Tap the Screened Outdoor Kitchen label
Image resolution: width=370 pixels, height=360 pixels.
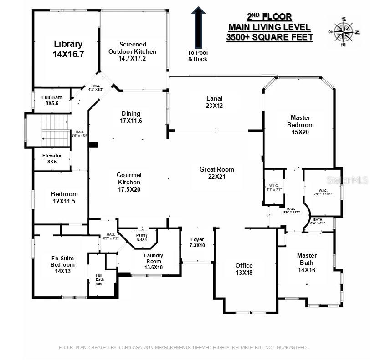click(x=132, y=51)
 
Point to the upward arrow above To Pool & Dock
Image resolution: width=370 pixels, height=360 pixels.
click(x=198, y=27)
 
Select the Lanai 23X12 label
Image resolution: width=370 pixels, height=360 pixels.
click(x=214, y=101)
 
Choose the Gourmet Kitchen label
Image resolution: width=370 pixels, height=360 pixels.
click(x=129, y=182)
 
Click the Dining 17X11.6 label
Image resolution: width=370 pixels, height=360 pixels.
click(x=131, y=117)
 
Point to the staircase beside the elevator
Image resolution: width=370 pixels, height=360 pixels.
click(x=54, y=130)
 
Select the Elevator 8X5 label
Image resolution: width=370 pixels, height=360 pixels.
click(x=52, y=158)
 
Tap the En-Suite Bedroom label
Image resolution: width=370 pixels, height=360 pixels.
click(x=63, y=264)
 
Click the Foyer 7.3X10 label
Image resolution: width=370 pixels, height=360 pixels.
click(x=197, y=242)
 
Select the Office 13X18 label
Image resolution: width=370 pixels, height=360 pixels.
click(x=244, y=269)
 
